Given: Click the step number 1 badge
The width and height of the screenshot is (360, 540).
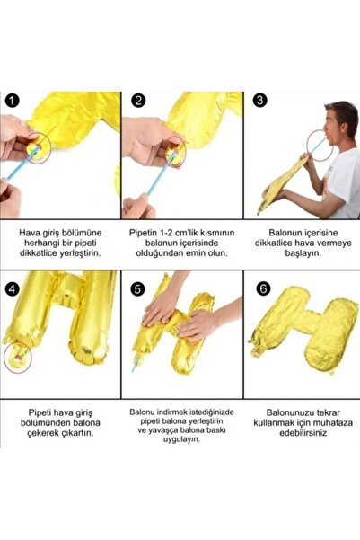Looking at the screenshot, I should pyautogui.click(x=11, y=102).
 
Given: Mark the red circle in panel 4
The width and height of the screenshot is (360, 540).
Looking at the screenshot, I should pyautogui.click(x=16, y=359).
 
